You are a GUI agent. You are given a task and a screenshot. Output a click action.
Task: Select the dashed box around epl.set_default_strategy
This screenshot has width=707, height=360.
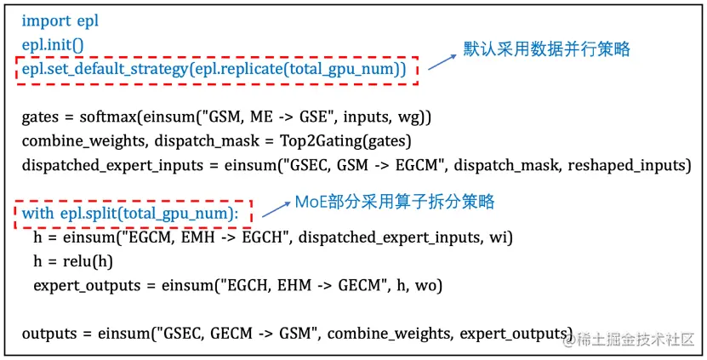coord(216,70)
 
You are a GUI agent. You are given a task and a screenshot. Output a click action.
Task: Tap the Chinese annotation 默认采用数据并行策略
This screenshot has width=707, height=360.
coord(546,49)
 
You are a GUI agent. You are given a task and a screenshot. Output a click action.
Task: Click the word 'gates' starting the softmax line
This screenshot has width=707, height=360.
coord(39,117)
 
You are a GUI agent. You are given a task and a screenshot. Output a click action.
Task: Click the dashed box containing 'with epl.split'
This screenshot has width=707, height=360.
coord(133,213)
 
